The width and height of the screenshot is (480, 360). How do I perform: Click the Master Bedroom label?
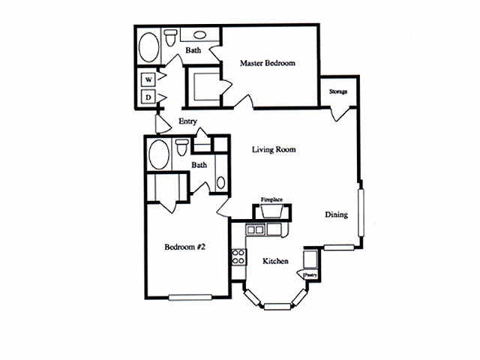268,63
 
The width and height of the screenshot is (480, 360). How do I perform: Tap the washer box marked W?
148,80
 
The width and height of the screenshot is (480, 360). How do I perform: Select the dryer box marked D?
148,97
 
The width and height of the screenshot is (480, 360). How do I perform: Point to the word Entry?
187,121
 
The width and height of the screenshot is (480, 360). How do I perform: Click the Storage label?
338,91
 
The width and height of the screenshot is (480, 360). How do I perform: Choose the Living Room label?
274,149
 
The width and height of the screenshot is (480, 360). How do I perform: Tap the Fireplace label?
271,199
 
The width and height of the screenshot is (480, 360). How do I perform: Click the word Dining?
337,214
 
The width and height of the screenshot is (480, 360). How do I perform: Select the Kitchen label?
275,261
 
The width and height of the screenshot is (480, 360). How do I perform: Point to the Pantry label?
310,275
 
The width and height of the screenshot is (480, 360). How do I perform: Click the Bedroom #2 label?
185,247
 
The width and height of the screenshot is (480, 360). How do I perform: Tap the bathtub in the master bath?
149,46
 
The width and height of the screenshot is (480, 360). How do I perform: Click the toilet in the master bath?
170,37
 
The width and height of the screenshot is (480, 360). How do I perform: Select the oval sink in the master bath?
200,35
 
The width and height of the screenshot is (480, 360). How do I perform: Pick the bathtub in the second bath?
158,154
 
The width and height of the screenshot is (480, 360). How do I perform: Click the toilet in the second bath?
182,147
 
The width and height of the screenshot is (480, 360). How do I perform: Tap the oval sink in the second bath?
220,182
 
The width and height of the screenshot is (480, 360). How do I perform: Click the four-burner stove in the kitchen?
238,256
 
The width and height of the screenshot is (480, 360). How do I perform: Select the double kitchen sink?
255,229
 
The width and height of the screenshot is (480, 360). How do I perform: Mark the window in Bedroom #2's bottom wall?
190,297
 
